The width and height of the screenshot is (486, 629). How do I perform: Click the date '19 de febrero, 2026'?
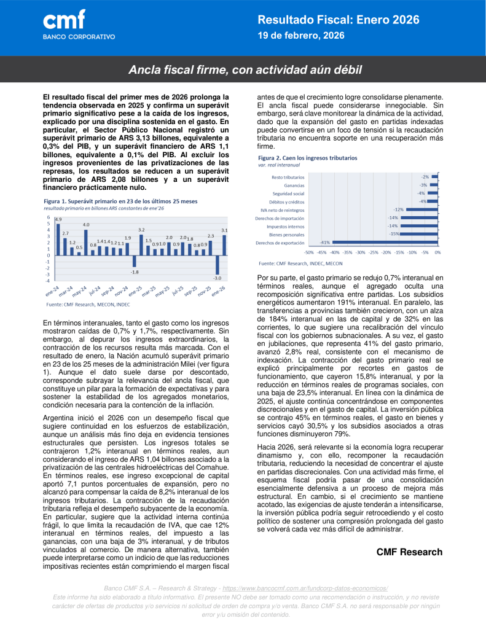tap(300, 36)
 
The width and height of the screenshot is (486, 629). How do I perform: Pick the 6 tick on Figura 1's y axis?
tap(48, 217)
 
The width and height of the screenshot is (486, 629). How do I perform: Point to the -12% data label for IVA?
tap(399, 209)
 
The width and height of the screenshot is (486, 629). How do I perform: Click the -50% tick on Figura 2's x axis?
tap(308, 252)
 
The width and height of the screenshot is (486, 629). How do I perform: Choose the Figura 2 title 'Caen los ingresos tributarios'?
tap(307, 158)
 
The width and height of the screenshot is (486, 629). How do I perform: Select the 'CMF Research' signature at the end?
tap(409, 552)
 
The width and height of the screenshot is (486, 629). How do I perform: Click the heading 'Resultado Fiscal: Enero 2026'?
tap(338, 20)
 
